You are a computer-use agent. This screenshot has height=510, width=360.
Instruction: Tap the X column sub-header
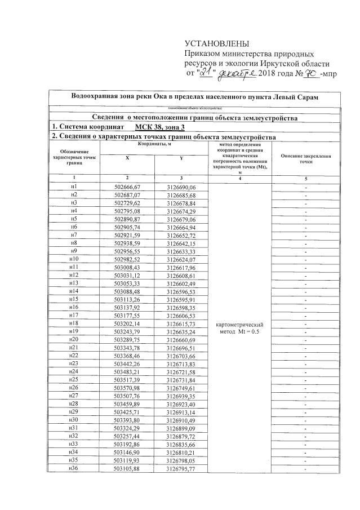(x=127, y=159)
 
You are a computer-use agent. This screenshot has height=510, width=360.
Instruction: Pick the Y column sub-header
(x=181, y=159)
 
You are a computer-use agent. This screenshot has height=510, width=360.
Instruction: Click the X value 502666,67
(x=127, y=187)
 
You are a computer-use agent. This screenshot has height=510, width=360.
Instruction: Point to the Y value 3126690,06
(x=181, y=187)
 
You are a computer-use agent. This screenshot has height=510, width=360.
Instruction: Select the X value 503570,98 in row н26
(x=127, y=388)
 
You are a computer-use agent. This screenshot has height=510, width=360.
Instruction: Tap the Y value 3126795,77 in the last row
(x=181, y=469)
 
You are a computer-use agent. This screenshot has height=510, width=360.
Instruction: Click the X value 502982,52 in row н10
(x=127, y=259)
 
